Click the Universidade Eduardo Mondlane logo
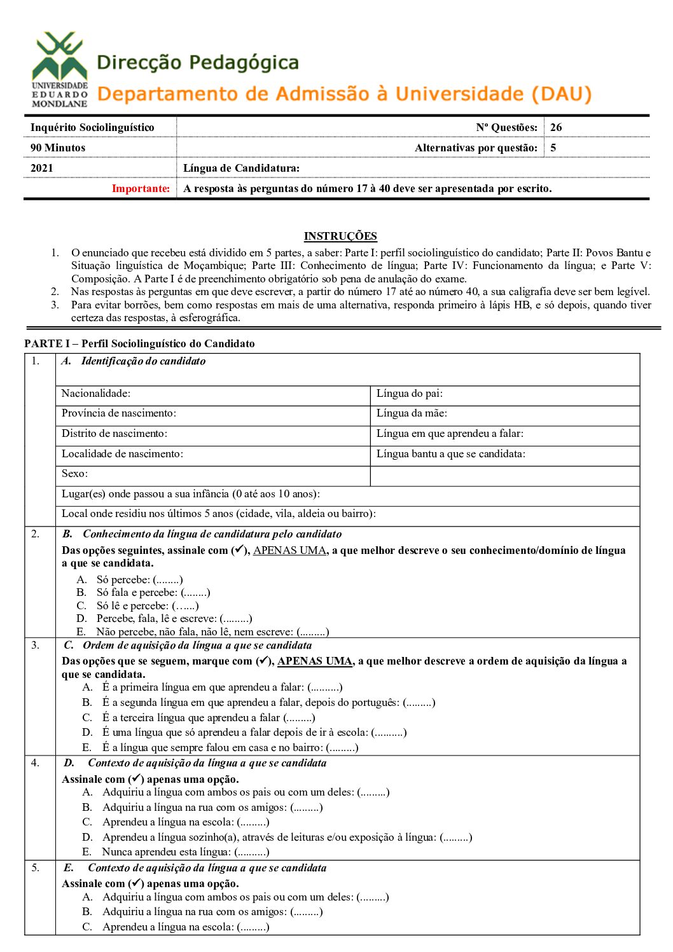[60, 69]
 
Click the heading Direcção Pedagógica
[198, 62]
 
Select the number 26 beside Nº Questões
[556, 127]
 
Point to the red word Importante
[141, 188]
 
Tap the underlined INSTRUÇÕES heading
[340, 236]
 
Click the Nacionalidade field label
[95, 394]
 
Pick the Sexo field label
[74, 474]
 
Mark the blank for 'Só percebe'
[168, 580]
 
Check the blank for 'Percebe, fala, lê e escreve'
[236, 619]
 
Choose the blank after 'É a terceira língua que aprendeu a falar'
[300, 718]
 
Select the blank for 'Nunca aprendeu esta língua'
[252, 852]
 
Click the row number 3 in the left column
[36, 645]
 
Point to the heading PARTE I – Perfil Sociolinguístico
[139, 343]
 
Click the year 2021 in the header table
[42, 168]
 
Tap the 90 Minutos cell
[58, 148]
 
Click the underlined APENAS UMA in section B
[289, 551]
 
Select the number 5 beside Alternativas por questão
[553, 148]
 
